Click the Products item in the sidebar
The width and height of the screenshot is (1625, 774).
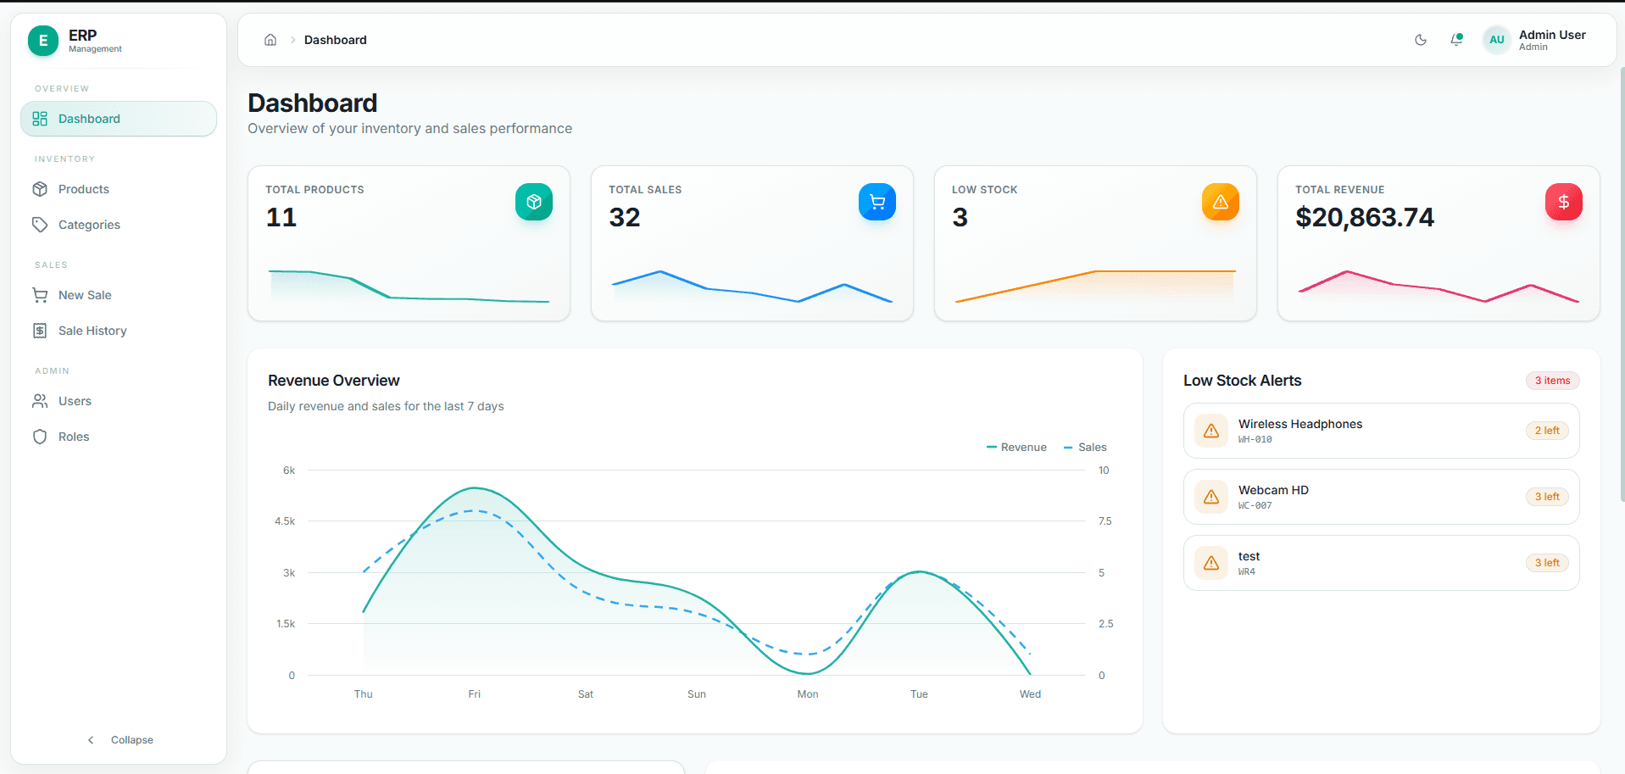(83, 189)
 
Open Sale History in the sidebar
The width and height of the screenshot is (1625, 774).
(92, 331)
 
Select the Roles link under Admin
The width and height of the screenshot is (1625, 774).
(73, 437)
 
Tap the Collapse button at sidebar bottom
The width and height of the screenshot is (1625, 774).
(120, 740)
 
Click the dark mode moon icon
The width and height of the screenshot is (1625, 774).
(1421, 40)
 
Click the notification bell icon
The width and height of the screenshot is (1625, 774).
(1456, 40)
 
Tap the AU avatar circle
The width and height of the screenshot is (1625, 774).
(1497, 40)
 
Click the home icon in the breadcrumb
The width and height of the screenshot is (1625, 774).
(270, 40)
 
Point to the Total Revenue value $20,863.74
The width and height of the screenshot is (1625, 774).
(1365, 218)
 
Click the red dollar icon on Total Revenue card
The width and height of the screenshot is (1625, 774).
(1564, 202)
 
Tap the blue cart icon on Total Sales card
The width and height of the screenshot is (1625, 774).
(877, 202)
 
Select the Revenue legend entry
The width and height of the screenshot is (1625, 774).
(1016, 448)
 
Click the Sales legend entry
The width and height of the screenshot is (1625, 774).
(1085, 448)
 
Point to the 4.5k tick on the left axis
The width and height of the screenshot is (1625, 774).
(285, 521)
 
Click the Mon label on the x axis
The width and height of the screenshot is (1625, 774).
(808, 694)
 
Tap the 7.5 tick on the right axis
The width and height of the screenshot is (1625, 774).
(1105, 521)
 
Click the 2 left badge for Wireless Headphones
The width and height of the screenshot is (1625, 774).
(1547, 431)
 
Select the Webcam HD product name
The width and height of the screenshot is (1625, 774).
(1273, 490)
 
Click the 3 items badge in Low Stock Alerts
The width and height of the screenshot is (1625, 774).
(1552, 381)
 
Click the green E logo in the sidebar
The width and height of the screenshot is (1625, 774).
(43, 41)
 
